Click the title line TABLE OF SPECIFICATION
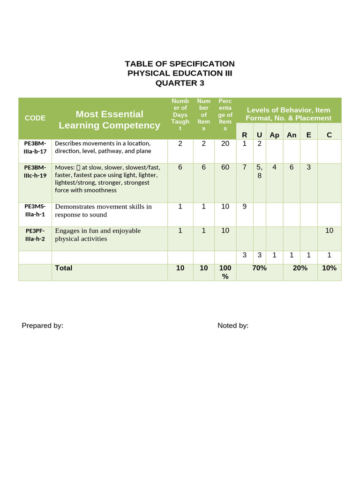[180, 64]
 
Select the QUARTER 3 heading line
[180, 83]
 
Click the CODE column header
[35, 118]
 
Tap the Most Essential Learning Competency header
[109, 120]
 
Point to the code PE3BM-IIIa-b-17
[35, 147]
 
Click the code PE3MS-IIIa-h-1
[35, 210]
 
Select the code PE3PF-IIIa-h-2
[35, 234]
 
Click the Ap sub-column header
[274, 135]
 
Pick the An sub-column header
[292, 135]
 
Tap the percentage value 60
[225, 167]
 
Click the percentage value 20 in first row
[225, 143]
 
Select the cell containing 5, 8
[259, 172]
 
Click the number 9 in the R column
[244, 206]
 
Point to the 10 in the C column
[329, 231]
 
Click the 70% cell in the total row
[259, 268]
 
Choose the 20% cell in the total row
[300, 268]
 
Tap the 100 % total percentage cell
[225, 272]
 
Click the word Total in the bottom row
[64, 268]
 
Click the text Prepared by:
[42, 326]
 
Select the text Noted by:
[233, 326]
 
